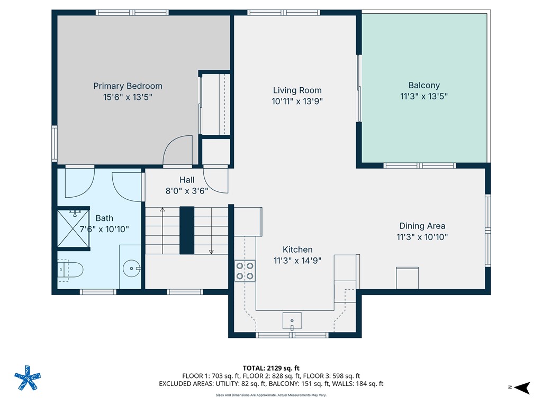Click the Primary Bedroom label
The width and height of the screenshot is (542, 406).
128,86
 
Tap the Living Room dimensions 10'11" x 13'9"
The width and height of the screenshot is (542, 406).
297,101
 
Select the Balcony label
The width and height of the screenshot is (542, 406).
423,85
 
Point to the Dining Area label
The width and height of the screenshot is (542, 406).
422,226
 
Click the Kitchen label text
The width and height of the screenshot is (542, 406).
297,250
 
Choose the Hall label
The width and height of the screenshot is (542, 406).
186,180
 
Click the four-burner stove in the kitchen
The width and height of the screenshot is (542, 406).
245,271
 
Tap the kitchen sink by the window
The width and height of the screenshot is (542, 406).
292,320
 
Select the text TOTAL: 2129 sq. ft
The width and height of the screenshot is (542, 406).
271,368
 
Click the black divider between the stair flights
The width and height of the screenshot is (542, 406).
187,230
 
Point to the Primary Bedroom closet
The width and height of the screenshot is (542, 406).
215,104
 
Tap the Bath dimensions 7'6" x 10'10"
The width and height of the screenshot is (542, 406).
104,229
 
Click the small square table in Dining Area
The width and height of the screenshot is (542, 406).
407,278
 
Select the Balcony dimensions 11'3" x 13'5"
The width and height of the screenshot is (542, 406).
423,96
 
